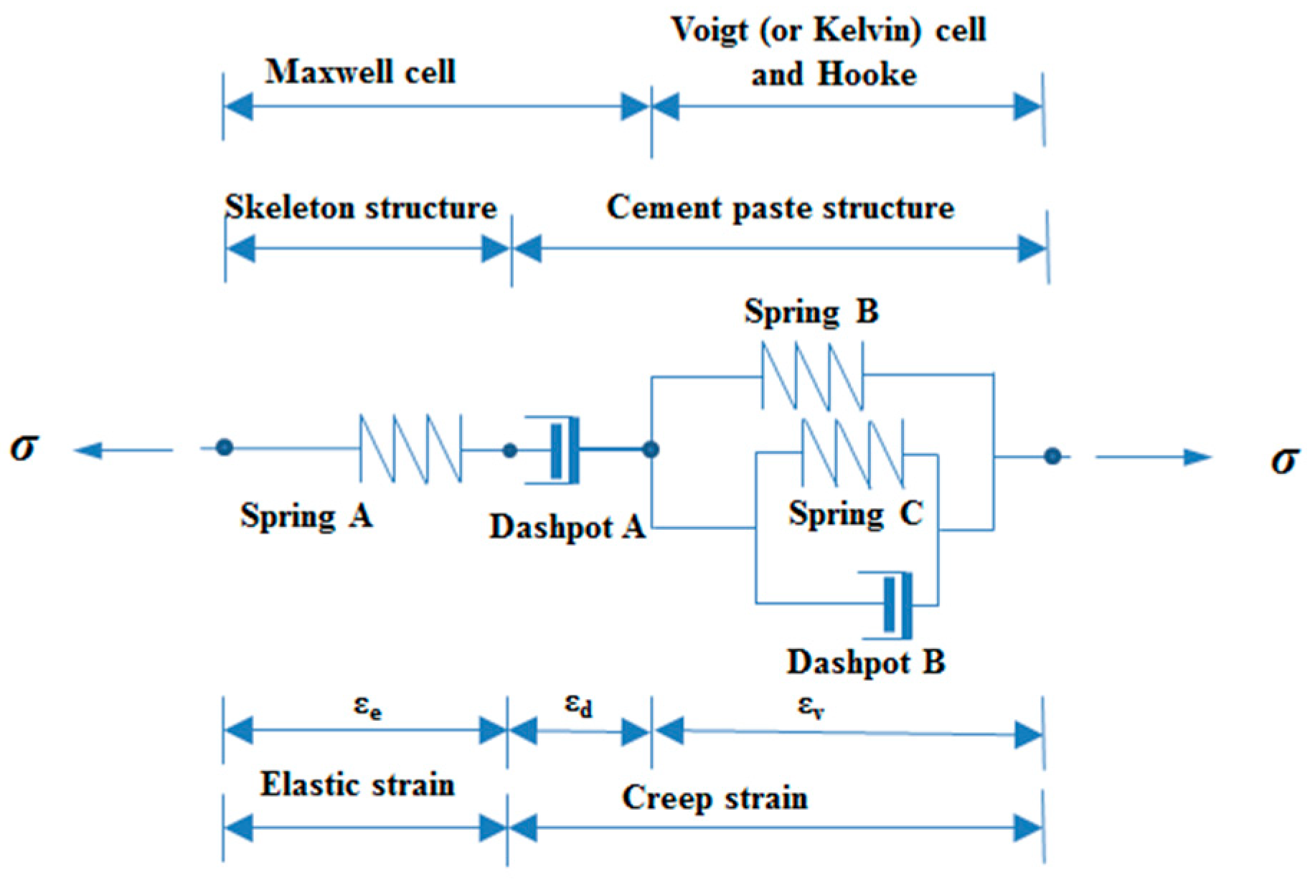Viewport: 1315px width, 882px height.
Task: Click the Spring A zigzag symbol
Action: (x=410, y=449)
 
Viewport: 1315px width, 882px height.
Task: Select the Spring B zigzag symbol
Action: (x=811, y=376)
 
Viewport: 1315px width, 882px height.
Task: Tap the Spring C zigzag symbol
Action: (x=852, y=453)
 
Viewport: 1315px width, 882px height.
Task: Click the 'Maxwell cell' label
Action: (x=360, y=72)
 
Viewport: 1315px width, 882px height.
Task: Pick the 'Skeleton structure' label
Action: (x=361, y=208)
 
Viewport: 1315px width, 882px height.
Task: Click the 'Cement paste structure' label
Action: (x=780, y=208)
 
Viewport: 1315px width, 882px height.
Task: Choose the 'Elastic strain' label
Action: (x=357, y=784)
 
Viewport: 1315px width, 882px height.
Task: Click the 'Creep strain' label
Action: (x=715, y=798)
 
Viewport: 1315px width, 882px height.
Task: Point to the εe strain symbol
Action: (x=367, y=707)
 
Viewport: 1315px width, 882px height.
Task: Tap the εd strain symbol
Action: (x=578, y=706)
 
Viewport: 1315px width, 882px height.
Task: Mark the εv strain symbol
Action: (x=811, y=707)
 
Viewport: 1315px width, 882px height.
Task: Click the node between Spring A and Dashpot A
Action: (x=509, y=450)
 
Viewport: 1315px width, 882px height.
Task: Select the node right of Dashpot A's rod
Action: (x=651, y=450)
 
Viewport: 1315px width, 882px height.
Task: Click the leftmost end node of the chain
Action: (x=225, y=448)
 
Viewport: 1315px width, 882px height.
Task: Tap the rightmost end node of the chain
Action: (x=1052, y=456)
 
